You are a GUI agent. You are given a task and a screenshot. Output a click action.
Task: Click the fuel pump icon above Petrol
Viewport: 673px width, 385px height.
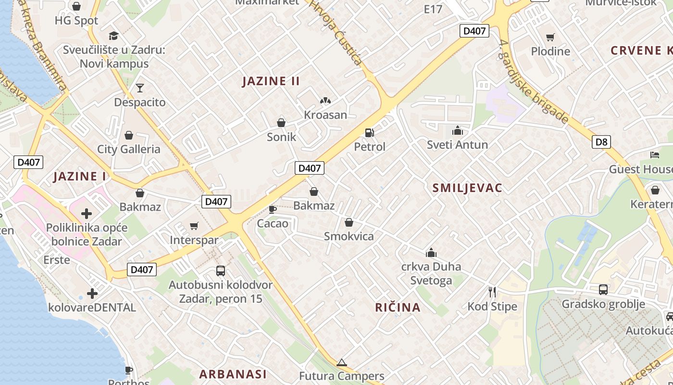click(x=369, y=132)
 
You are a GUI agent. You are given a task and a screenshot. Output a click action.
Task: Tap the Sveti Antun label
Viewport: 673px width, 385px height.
click(x=457, y=144)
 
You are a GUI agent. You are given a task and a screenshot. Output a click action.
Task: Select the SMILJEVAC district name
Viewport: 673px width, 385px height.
click(x=467, y=188)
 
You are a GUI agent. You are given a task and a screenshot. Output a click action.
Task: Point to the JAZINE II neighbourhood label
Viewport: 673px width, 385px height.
click(x=271, y=81)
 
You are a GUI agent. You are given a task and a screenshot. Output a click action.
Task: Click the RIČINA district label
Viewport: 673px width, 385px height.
click(x=398, y=307)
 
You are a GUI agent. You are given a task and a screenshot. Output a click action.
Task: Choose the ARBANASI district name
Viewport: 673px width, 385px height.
click(x=233, y=373)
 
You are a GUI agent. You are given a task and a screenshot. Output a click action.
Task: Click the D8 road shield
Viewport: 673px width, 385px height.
click(x=601, y=142)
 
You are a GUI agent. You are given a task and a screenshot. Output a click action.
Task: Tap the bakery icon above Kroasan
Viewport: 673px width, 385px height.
click(x=325, y=101)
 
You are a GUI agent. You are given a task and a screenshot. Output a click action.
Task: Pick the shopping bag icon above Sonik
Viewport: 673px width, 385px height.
click(x=281, y=123)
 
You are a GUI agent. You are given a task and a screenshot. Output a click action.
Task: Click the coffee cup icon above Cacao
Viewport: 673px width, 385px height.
click(x=273, y=209)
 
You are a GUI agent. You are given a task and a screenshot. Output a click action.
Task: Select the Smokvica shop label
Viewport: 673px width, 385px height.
click(x=349, y=236)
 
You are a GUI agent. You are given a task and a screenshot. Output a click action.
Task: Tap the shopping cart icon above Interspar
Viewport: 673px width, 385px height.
click(x=194, y=226)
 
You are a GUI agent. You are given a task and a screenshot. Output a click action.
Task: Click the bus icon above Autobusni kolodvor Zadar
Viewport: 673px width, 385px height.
click(x=220, y=270)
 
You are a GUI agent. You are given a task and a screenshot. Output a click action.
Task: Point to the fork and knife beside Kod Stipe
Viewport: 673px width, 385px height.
click(x=492, y=292)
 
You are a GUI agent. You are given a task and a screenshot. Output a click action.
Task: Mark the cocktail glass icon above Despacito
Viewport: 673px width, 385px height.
click(x=139, y=88)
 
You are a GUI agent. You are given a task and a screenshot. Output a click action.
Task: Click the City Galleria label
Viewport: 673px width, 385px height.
click(x=129, y=149)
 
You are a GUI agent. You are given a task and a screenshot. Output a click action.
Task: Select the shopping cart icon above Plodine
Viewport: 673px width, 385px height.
click(x=550, y=37)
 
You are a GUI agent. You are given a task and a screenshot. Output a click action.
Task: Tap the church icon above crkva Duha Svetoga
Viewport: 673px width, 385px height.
click(x=431, y=253)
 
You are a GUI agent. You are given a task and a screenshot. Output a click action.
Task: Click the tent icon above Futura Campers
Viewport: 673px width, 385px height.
click(x=341, y=362)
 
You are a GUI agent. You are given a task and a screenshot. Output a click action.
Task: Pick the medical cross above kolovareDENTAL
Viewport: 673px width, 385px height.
click(x=92, y=293)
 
